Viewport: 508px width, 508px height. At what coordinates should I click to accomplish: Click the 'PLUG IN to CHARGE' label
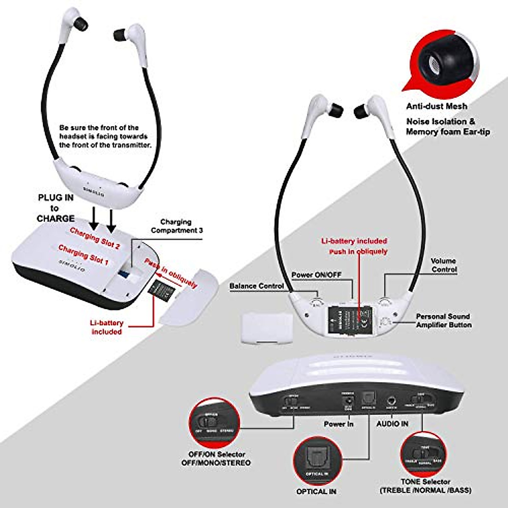point(55,208)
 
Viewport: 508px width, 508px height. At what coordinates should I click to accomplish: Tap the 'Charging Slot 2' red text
point(95,237)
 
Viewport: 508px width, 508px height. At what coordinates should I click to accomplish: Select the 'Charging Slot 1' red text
point(83,255)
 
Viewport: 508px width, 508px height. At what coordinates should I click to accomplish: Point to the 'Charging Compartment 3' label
point(177,226)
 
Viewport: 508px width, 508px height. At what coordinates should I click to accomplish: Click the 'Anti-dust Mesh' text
point(436,106)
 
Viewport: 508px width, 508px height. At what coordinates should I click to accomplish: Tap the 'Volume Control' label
point(443,265)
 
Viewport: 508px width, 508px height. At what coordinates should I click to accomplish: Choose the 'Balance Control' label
point(257,286)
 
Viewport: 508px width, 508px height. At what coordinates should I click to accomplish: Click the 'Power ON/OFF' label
point(316,275)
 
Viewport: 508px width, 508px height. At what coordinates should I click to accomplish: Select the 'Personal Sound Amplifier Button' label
point(443,320)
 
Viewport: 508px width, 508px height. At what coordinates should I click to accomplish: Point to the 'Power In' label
point(338,424)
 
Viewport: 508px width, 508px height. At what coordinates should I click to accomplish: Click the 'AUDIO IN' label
point(392,423)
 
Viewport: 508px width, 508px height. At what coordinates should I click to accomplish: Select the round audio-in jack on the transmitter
point(392,399)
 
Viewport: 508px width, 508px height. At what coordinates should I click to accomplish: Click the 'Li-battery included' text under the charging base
point(107,327)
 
